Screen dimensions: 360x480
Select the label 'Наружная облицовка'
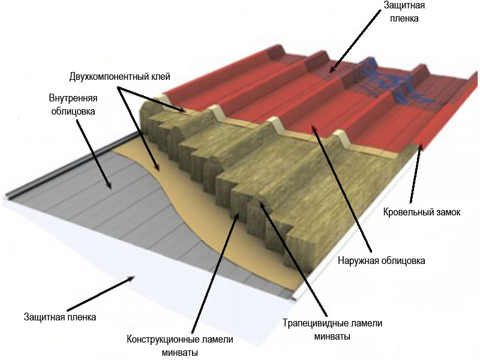[x=382, y=261]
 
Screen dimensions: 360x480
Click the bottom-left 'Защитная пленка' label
[x=60, y=317]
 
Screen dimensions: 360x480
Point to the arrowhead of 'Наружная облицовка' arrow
[x=312, y=125]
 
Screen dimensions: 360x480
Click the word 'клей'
[x=161, y=77]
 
